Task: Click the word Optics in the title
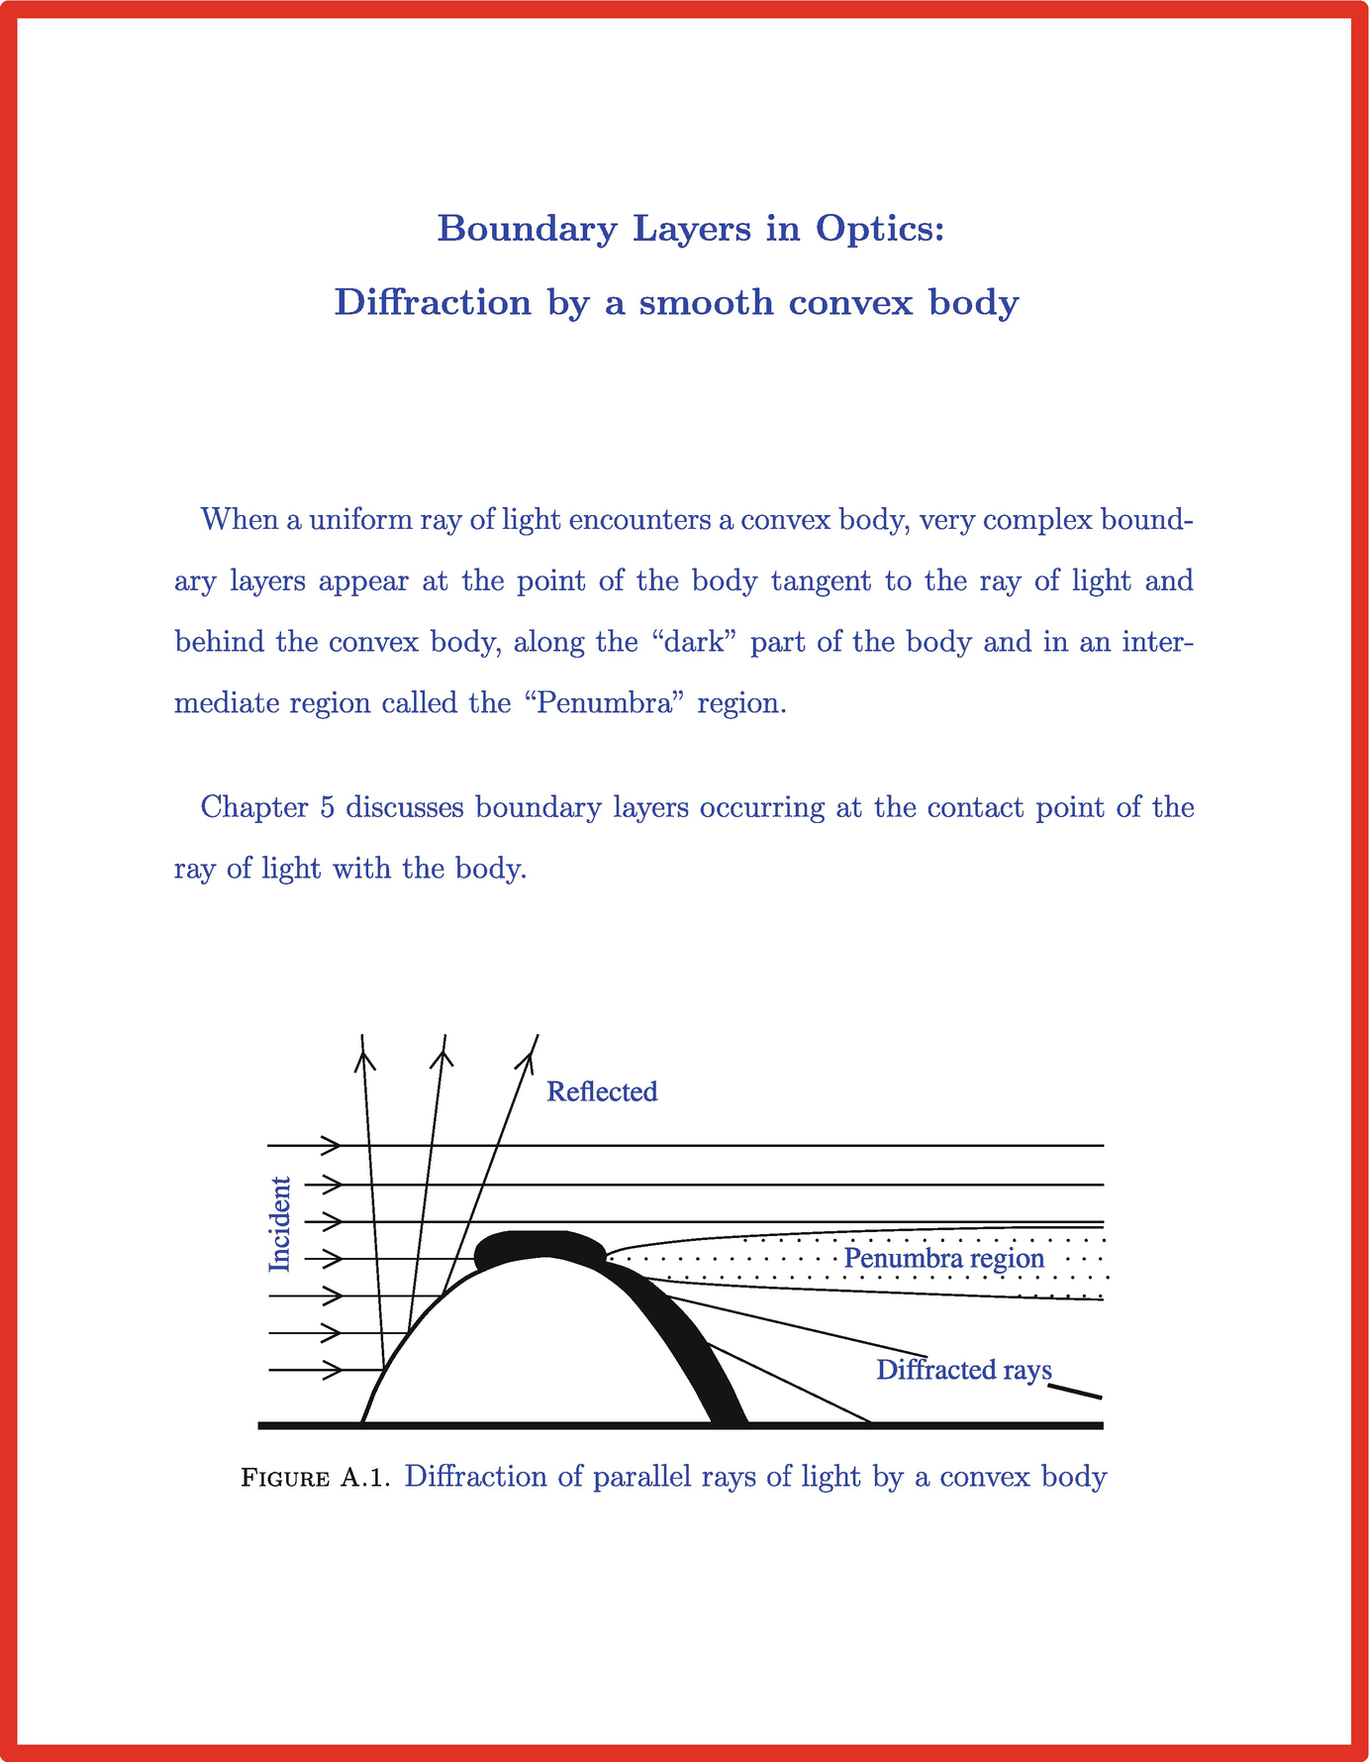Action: [880, 229]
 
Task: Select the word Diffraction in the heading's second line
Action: [433, 302]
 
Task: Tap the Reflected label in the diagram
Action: [602, 1091]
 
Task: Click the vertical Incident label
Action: [281, 1224]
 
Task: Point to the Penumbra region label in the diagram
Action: [943, 1258]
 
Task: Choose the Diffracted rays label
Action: [963, 1370]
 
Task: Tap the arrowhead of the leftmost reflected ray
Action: [365, 1060]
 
